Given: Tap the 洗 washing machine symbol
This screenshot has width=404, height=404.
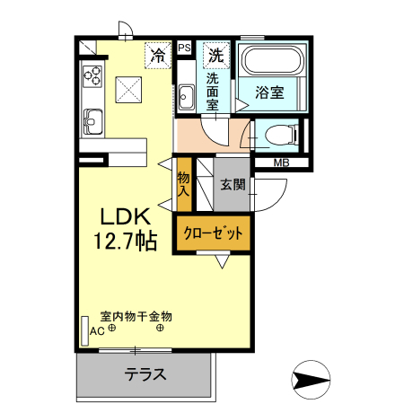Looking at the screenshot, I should click(x=216, y=54).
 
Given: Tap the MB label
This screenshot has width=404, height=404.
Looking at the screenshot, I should click(x=281, y=162).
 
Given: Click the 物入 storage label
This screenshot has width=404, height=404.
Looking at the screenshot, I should click(x=183, y=183).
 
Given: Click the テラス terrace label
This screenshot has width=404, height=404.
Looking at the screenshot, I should click(x=145, y=374).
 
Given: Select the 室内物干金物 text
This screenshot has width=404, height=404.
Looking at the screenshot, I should click(x=136, y=316).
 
